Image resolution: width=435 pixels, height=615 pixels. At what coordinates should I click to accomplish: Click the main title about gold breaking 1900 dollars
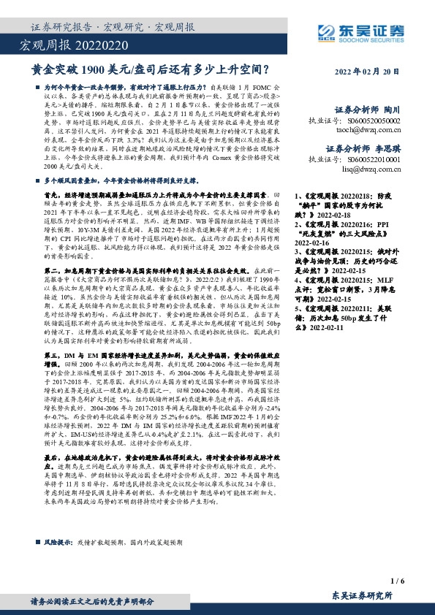pyautogui.click(x=151, y=71)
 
